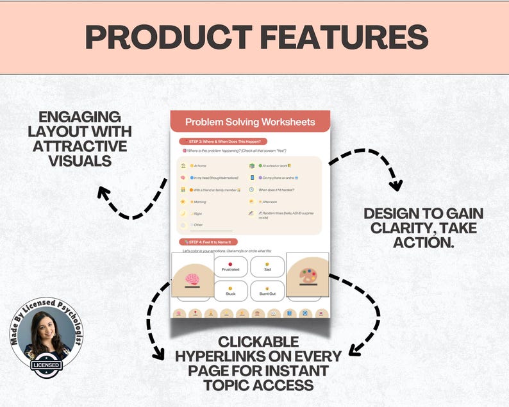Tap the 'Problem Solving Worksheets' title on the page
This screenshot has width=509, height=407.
coord(250,122)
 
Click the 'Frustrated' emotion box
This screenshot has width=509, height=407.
coord(230,267)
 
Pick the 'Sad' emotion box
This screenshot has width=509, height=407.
coord(267,267)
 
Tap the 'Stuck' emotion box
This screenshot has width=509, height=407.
coord(230,291)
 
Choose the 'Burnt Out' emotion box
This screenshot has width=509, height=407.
coord(267,291)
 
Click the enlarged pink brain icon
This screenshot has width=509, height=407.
coord(192,279)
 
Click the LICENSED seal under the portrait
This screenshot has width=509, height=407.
coord(47,365)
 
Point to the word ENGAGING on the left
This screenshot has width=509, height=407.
coord(79,117)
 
